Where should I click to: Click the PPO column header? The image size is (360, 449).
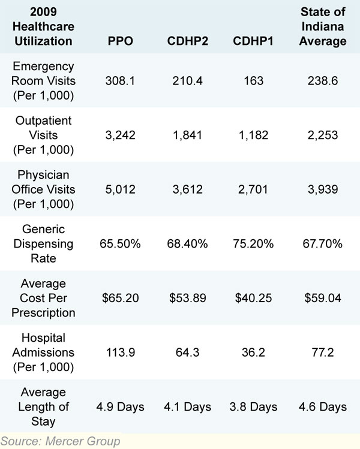121,41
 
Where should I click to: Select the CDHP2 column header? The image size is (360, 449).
188,41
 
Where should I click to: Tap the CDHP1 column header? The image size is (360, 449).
253,41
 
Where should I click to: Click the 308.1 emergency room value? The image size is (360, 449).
121,81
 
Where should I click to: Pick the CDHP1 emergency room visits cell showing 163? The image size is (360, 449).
253,81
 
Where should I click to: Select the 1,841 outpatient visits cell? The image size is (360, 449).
188,135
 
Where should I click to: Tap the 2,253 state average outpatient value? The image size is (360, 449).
323,135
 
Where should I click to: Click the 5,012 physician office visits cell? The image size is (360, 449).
121,189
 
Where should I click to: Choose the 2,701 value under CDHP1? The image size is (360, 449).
253,189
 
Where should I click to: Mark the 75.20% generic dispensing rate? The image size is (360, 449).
253,244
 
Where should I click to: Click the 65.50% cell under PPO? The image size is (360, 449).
121,244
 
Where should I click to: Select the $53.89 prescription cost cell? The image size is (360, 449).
188,299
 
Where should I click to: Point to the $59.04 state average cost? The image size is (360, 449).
323,299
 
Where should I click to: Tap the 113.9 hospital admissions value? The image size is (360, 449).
121,352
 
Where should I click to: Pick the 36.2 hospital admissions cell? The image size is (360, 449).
253,352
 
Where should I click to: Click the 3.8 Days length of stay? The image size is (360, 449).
253,407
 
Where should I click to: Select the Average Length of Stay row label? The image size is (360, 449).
44,407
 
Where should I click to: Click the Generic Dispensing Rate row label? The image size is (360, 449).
44,244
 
